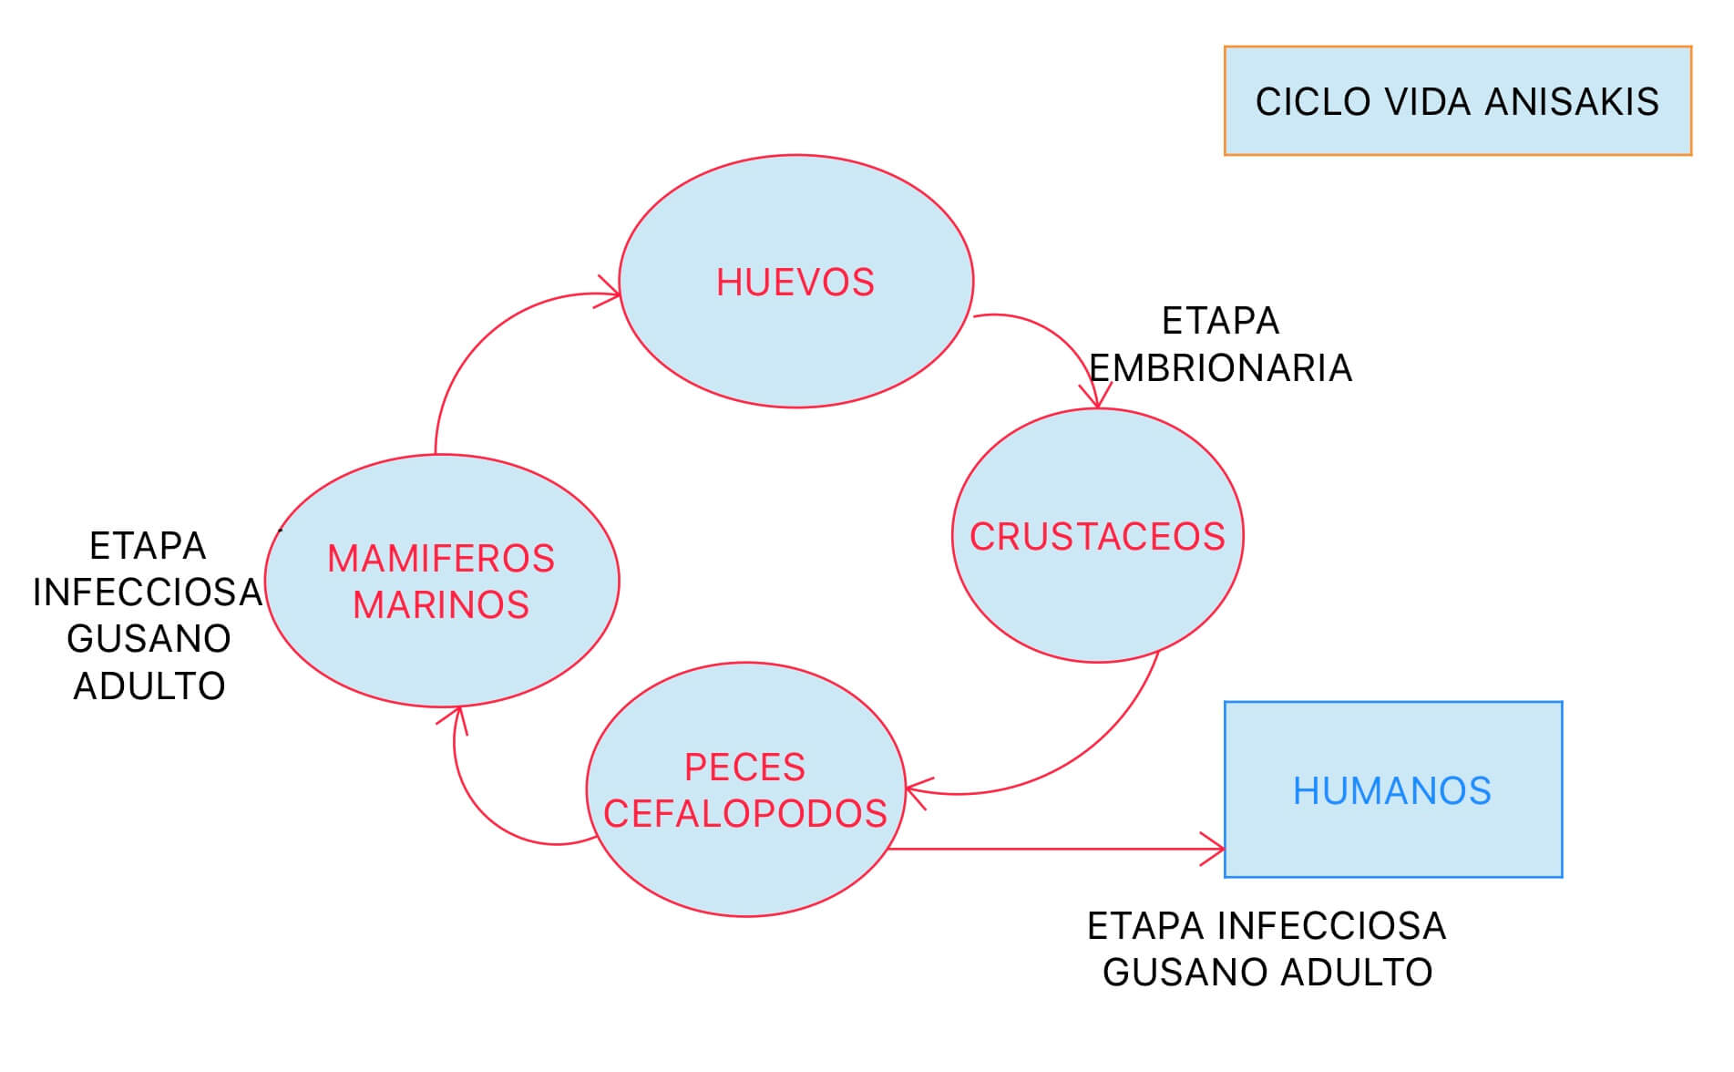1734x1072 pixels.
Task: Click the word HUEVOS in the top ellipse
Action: point(795,283)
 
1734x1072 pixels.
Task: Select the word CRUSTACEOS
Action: point(1097,537)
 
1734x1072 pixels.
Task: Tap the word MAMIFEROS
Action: point(441,559)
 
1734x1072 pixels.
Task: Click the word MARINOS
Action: point(441,605)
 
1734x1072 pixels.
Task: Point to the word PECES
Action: point(744,768)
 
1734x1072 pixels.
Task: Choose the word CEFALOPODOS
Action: point(744,814)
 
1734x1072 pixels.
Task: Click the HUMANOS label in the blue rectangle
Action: point(1391,791)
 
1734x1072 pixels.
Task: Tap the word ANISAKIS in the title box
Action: point(1572,102)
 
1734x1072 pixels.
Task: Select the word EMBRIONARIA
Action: point(1220,368)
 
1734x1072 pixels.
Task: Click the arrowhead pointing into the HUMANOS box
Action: point(1217,849)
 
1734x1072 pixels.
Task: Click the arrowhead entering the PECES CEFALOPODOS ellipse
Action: point(915,789)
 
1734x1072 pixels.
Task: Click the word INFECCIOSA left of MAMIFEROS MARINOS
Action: point(148,593)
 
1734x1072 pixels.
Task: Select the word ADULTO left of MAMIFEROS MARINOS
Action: point(149,686)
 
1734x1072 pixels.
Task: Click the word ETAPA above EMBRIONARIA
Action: point(1220,322)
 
